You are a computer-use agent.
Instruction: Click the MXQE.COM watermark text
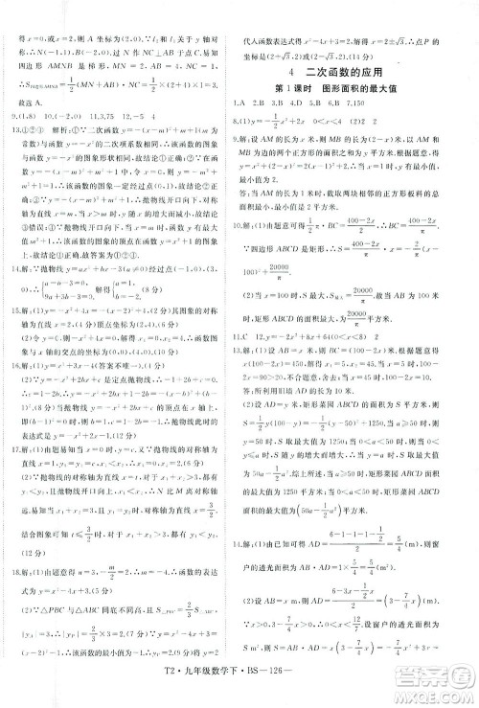coord(435,696)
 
